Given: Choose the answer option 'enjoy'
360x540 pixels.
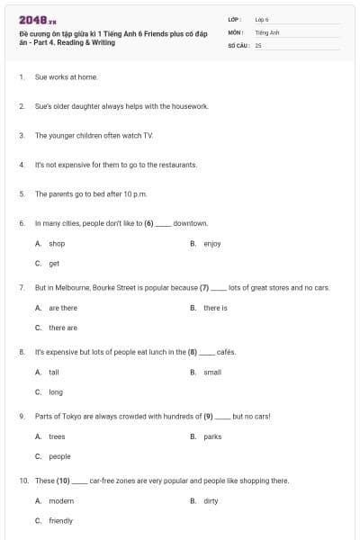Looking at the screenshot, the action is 211,243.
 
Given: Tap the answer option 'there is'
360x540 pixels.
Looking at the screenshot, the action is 215,308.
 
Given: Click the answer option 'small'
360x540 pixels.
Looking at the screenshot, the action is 212,372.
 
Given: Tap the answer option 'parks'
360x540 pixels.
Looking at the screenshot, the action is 212,436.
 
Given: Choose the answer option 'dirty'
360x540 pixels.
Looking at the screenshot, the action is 211,500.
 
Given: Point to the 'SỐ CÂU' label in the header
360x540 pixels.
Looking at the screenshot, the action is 237,44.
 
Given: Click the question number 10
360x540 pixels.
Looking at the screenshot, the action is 23,481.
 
